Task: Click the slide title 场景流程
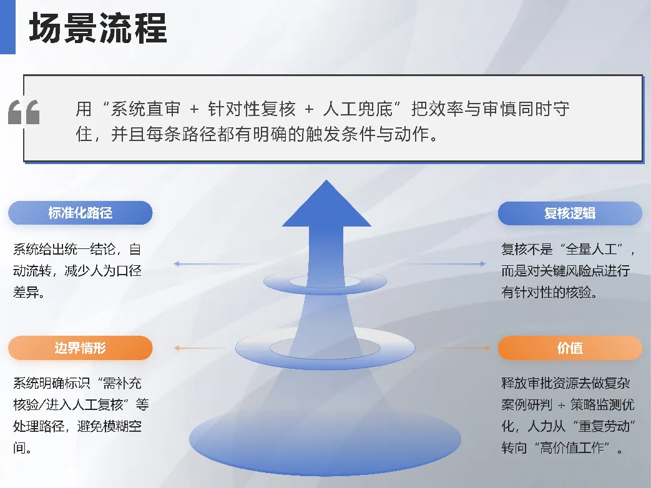click(98, 28)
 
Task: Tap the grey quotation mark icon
click(24, 112)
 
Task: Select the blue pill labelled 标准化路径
click(80, 213)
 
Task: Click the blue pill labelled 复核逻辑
click(570, 213)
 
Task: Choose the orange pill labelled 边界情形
click(80, 348)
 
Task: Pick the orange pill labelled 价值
click(570, 348)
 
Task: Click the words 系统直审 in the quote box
click(145, 109)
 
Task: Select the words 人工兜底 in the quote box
click(358, 109)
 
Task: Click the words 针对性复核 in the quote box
click(252, 109)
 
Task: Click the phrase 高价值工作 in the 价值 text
click(572, 447)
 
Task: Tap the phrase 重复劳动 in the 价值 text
click(604, 426)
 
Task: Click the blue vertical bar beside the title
click(7, 27)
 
